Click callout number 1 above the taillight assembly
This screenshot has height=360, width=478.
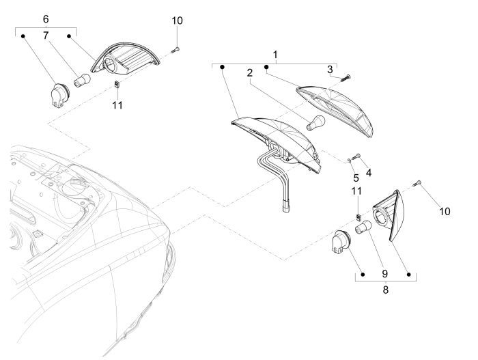tap(276, 53)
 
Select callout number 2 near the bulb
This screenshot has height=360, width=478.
tap(251, 72)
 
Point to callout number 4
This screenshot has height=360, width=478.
tap(369, 172)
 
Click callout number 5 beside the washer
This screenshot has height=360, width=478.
tap(355, 178)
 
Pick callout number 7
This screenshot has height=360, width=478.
tap(46, 35)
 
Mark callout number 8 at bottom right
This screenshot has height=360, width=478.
tap(386, 289)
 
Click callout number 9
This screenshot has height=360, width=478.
tap(386, 273)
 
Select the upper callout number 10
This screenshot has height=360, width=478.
tap(177, 21)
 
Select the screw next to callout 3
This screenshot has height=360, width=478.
tap(344, 78)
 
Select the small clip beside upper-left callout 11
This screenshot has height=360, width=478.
tap(116, 85)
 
